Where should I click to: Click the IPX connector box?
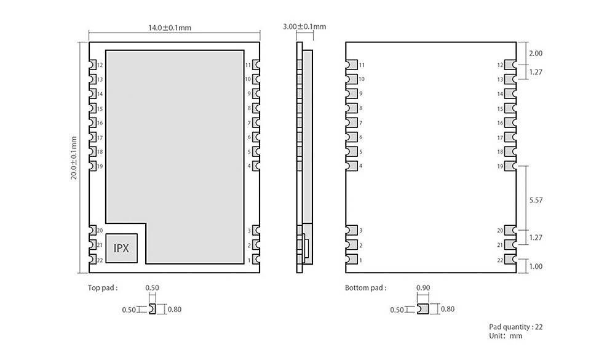(x=121, y=248)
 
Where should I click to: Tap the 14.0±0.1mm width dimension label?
(x=170, y=28)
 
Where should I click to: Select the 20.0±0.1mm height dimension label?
(x=74, y=158)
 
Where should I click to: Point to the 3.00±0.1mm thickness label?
(x=304, y=26)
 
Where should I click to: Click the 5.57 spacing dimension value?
(x=536, y=200)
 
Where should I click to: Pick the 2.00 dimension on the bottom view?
(x=536, y=54)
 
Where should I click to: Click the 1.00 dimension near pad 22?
(x=536, y=266)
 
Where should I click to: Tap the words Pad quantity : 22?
(x=516, y=327)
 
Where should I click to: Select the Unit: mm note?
(x=506, y=335)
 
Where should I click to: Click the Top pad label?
(x=103, y=288)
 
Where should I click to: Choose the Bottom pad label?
(x=365, y=288)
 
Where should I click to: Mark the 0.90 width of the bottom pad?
(x=423, y=288)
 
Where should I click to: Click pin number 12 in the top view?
(x=100, y=65)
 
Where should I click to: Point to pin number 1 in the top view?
(x=249, y=260)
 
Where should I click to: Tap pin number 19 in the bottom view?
(x=500, y=166)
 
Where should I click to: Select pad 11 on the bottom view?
(x=352, y=65)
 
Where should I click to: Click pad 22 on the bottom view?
(x=510, y=260)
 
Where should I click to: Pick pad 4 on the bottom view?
(x=352, y=166)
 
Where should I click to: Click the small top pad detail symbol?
(x=152, y=310)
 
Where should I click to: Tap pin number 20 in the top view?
(x=100, y=230)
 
